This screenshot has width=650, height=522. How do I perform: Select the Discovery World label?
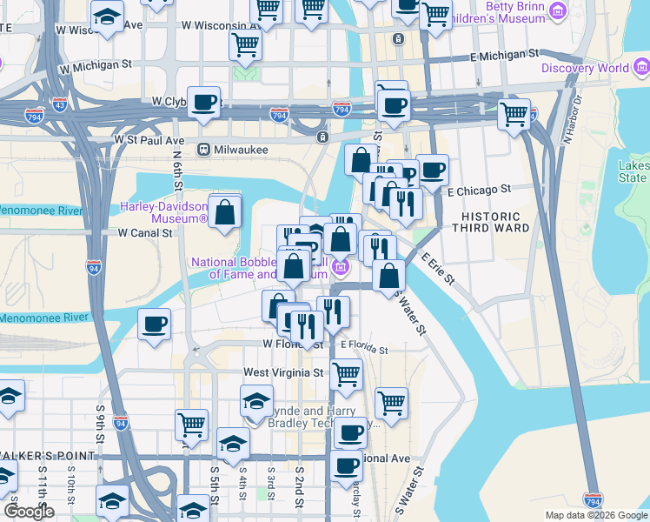(x=585, y=68)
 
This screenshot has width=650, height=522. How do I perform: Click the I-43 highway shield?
(x=59, y=105)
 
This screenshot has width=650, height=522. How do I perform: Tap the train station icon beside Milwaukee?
(x=204, y=150)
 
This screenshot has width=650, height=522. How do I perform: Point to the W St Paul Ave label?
(x=149, y=140)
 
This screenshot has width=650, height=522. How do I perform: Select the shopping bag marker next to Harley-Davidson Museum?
(x=225, y=212)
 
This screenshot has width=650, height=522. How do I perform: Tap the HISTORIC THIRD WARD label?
(x=494, y=221)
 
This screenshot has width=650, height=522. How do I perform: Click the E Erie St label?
(x=438, y=267)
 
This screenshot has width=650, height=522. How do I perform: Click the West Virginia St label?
(x=282, y=372)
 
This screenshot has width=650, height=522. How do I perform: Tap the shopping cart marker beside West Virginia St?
(x=347, y=374)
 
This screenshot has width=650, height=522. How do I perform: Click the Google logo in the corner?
(x=29, y=512)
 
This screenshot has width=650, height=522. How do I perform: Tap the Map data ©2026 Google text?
(x=595, y=515)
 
